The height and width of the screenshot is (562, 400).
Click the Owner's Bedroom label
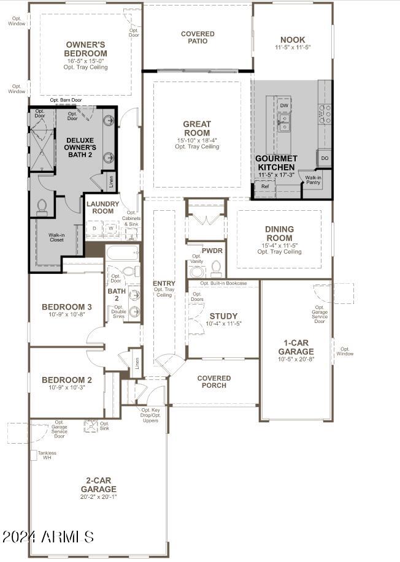tap(86, 49)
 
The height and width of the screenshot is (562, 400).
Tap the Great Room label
tap(196, 129)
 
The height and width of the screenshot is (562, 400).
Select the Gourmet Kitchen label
tap(277, 162)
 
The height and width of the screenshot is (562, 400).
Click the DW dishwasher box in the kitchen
tap(283, 106)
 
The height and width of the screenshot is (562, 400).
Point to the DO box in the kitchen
tap(325, 159)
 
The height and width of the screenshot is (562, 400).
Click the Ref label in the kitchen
tap(265, 186)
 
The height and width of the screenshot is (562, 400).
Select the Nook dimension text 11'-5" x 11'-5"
tap(293, 47)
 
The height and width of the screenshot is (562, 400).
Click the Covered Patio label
tap(198, 37)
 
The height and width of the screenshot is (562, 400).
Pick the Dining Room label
tap(279, 234)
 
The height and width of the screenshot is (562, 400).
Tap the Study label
tap(223, 316)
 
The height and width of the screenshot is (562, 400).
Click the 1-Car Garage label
tap(299, 347)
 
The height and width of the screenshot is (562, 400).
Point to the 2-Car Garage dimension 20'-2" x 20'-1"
tap(98, 497)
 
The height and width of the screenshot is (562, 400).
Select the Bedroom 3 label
tap(67, 307)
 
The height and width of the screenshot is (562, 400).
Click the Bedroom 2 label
tap(67, 380)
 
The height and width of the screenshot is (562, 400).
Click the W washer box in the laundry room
tap(112, 228)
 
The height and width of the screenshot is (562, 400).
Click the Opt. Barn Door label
tap(66, 100)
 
